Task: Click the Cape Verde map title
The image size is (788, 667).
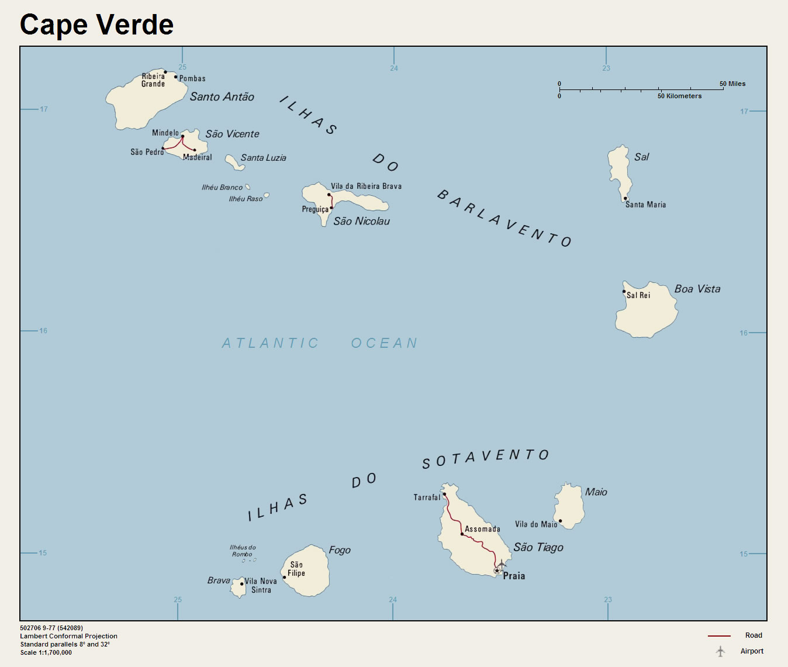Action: coord(96,25)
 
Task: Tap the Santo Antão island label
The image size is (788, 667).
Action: coord(222,97)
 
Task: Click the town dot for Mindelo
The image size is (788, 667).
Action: coord(182,136)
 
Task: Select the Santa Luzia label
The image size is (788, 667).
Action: coord(263,158)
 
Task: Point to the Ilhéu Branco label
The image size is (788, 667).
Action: coord(222,188)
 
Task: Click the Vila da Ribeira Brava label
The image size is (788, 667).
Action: coord(366,186)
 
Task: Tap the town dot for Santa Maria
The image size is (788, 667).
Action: coord(625,198)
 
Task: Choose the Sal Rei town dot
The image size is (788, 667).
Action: coord(624,291)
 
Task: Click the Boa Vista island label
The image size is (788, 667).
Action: coord(697,289)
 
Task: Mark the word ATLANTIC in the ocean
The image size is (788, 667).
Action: coord(270,343)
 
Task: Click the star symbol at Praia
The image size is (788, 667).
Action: coord(497,571)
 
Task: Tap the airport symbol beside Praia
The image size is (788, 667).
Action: coord(502,564)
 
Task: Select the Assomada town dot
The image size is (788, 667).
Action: coord(462,534)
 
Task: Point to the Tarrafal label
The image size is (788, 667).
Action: coord(427,497)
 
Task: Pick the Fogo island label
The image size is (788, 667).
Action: coord(340,550)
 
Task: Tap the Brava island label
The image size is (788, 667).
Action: coord(219,580)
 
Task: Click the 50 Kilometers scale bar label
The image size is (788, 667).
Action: coord(679,96)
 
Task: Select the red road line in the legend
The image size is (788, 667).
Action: coord(719,636)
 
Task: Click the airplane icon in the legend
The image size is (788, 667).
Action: coord(720,651)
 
